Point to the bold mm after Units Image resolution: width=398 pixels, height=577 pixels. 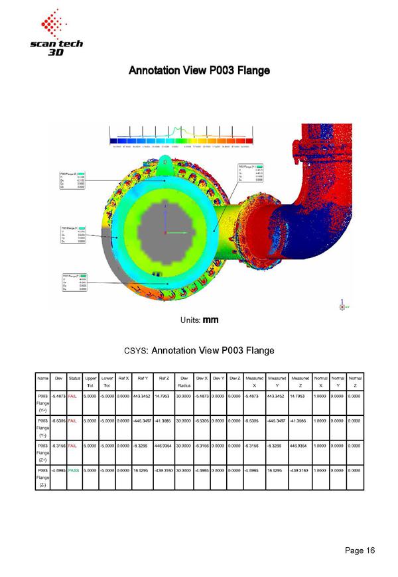[x=210, y=320]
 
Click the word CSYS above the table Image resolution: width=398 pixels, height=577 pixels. [x=137, y=350]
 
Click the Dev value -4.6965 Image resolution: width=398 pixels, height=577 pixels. [x=58, y=470]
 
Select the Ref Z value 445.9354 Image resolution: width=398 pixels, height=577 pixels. [x=164, y=445]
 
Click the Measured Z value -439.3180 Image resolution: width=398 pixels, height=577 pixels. [x=300, y=470]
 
